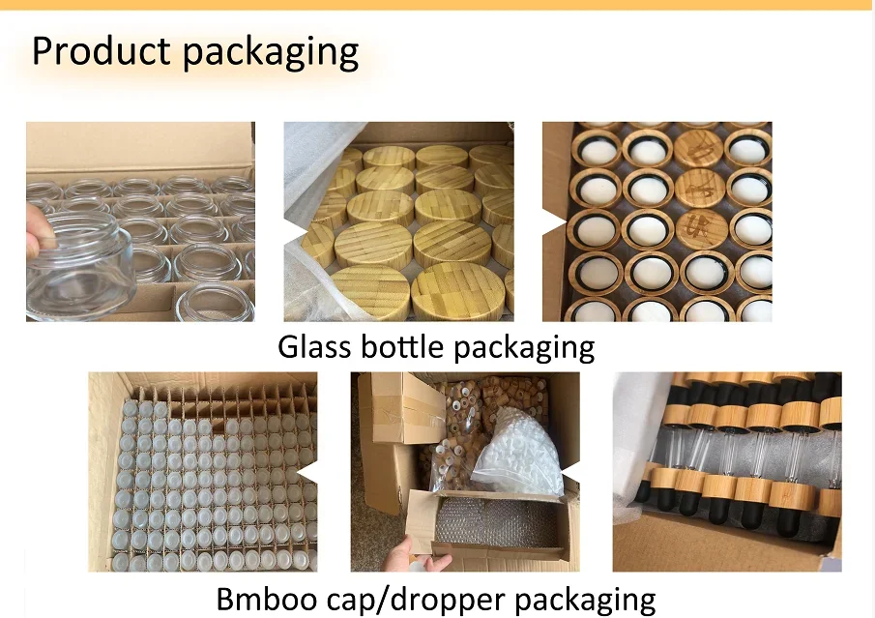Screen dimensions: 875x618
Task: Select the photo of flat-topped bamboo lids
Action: [x=398, y=221]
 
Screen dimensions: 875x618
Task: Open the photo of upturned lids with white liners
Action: [x=657, y=221]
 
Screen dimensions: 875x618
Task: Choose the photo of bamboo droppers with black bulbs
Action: [x=727, y=471]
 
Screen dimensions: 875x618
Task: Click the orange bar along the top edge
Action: [x=437, y=5]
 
